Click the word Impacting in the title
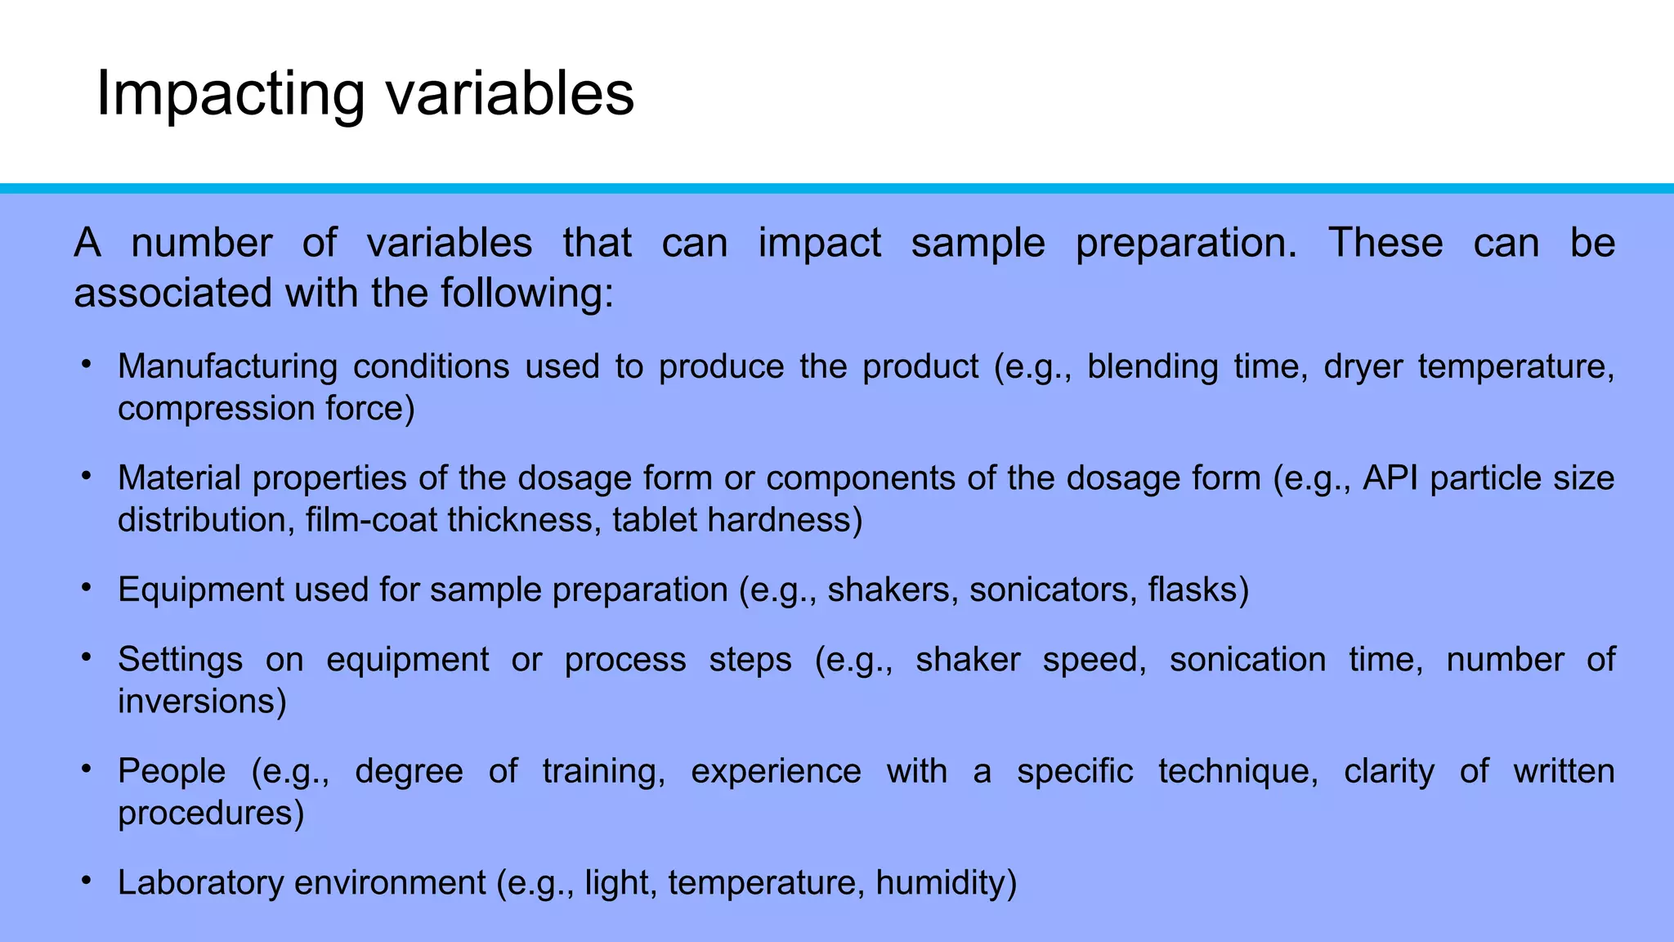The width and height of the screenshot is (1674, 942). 231,95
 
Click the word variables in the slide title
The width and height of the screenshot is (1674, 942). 510,93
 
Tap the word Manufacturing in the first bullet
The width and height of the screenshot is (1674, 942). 227,366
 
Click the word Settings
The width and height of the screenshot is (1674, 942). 180,660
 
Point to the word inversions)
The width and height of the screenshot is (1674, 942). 202,702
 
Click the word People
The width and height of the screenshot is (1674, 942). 172,772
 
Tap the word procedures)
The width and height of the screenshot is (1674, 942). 211,814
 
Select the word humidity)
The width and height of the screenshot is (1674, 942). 946,883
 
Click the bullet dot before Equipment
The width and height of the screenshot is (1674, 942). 86,587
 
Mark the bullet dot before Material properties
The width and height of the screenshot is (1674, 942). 86,475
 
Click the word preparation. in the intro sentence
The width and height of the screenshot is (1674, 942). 1185,244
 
